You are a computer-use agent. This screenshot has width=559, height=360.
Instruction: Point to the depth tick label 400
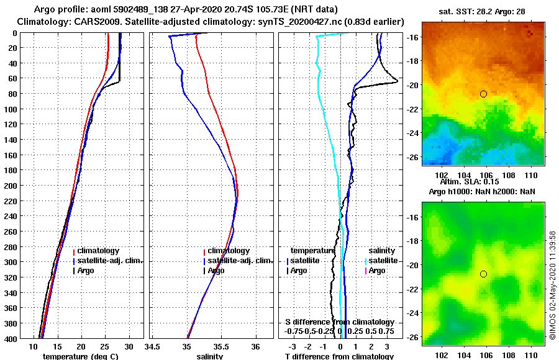[x=11, y=338]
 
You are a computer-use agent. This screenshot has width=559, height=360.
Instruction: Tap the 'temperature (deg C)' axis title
[x=80, y=356]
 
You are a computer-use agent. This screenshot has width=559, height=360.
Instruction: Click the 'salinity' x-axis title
[x=210, y=356]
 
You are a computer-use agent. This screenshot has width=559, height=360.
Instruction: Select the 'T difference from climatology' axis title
[x=338, y=356]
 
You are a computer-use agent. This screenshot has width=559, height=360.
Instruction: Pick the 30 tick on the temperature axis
[x=128, y=346]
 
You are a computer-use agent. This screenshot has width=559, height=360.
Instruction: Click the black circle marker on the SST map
[x=483, y=94]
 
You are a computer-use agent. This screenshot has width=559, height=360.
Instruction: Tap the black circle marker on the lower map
[x=483, y=274]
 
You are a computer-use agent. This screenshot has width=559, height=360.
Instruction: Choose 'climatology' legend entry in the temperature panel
[x=98, y=251]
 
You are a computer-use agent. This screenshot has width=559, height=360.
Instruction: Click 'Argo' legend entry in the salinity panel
[x=216, y=271]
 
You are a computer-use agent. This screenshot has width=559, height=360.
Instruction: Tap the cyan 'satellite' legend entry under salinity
[x=383, y=261]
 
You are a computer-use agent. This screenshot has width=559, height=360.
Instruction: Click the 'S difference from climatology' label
[x=339, y=322]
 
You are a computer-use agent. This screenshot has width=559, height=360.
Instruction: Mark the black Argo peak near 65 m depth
[x=396, y=83]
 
